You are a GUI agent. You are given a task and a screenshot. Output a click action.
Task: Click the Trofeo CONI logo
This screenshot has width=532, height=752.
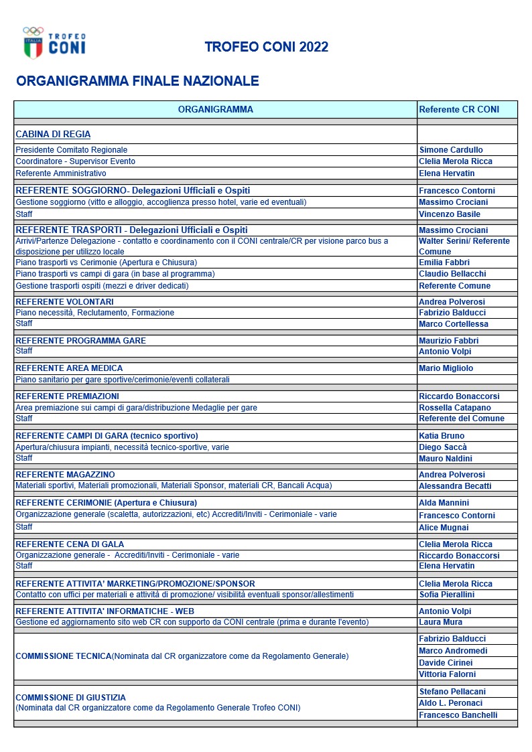pos(54,42)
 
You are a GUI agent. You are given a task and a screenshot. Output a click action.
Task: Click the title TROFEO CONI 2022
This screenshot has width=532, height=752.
pos(266,47)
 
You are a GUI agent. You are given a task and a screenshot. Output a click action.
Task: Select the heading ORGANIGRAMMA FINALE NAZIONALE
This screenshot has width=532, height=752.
pos(137,82)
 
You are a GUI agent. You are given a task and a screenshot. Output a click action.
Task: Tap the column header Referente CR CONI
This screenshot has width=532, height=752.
pos(459,110)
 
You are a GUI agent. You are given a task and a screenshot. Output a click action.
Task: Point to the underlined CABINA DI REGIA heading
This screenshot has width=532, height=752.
pos(53,134)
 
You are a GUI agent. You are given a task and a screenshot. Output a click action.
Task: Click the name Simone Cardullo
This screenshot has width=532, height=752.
pos(451,150)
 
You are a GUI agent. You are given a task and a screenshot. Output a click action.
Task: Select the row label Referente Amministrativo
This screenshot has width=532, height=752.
pos(61,173)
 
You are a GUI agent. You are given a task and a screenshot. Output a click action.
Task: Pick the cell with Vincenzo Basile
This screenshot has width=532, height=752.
pos(450,214)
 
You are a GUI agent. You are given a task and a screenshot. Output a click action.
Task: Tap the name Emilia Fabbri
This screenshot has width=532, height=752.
pos(444,262)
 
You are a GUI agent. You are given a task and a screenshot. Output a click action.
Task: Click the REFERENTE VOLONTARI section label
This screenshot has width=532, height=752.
pos(64,302)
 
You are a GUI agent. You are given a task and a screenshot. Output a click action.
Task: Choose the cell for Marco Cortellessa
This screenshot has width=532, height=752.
pos(454,324)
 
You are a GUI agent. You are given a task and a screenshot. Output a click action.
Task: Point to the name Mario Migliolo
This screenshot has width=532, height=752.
pos(446,368)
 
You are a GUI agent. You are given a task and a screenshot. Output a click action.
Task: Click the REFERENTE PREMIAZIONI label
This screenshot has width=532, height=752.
pos(67,396)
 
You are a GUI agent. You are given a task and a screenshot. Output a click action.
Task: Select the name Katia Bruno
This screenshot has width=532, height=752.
pos(442,436)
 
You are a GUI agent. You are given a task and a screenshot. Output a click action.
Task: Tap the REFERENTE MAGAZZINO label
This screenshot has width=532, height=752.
pos(65,475)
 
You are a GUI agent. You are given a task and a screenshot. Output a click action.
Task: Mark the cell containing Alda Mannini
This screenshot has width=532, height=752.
pos(444,503)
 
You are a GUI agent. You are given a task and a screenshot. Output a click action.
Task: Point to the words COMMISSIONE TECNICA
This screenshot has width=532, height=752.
pos(63,656)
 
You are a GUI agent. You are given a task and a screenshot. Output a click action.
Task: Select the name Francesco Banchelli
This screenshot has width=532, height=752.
pos(458,715)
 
